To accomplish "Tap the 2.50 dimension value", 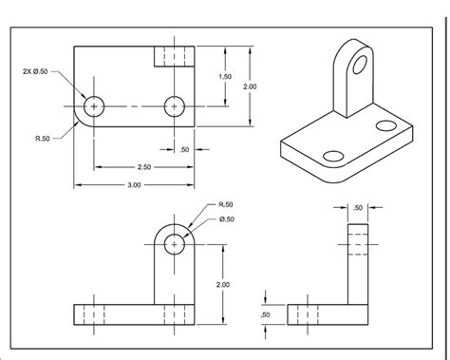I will pos(134,166).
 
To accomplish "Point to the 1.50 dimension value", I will pos(224,76).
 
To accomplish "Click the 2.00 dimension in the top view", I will pos(250,85).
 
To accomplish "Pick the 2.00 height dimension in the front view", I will pos(221,283).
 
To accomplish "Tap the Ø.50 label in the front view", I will pos(226,221).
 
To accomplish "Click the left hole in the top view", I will pos(94,106).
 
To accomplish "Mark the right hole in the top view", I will pos(174,106).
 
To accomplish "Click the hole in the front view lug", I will pos(174,244).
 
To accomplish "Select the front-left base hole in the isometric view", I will pos(333,156).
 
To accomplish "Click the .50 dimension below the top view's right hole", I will pos(183,149).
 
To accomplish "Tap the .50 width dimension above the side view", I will pos(358,207).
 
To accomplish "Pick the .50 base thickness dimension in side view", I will pos(265,314).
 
